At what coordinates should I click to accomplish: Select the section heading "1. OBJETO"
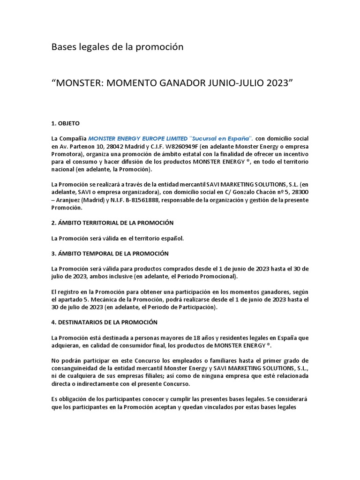click(x=66, y=123)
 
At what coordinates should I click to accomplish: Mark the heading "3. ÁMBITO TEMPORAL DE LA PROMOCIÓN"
click(x=110, y=253)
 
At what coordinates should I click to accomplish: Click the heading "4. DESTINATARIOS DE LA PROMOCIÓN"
click(x=105, y=322)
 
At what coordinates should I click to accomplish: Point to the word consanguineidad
click(x=77, y=369)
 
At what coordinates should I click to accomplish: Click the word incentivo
click(x=294, y=154)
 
